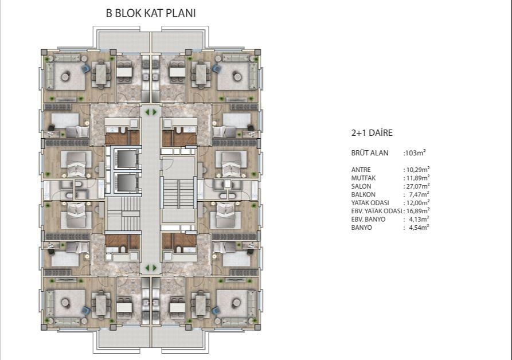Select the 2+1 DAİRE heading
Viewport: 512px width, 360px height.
tap(372, 133)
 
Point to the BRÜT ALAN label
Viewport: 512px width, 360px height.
tap(369, 153)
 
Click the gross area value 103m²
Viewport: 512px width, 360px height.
tap(415, 153)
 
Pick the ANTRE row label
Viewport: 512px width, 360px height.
tap(361, 170)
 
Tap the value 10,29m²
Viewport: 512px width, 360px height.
tap(417, 170)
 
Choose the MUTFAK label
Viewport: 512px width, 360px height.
tap(363, 178)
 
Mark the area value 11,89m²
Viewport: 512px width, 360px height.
tap(417, 178)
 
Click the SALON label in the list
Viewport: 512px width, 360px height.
tap(361, 186)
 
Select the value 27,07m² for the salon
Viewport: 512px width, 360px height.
tap(417, 186)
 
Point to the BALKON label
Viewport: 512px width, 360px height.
tap(362, 195)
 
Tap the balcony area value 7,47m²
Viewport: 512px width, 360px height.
tap(419, 195)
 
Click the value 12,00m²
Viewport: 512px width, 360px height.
tap(417, 203)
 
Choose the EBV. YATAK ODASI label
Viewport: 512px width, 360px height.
tap(377, 212)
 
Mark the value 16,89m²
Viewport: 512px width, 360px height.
tap(417, 212)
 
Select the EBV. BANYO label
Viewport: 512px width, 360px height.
tap(368, 220)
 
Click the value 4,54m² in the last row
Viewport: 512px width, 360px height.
tap(419, 228)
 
